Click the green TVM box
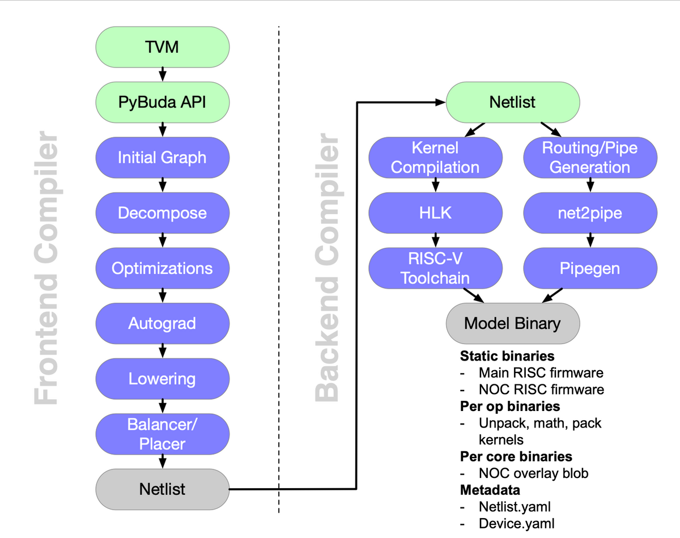pyautogui.click(x=162, y=47)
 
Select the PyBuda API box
pyautogui.click(x=162, y=103)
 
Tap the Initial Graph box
pyautogui.click(x=162, y=158)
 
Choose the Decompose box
pyautogui.click(x=162, y=213)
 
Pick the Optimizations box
pyautogui.click(x=162, y=268)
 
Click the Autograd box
pyautogui.click(x=162, y=324)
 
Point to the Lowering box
pyautogui.click(x=162, y=379)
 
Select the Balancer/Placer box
pyautogui.click(x=162, y=434)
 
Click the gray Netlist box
pyautogui.click(x=162, y=489)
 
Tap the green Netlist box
pyautogui.click(x=512, y=103)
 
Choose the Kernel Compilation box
pyautogui.click(x=435, y=158)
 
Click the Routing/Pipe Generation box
pyautogui.click(x=590, y=158)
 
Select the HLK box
pyautogui.click(x=435, y=213)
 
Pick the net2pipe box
pyautogui.click(x=590, y=213)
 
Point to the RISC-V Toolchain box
pyautogui.click(x=435, y=268)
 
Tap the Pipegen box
pyautogui.click(x=590, y=268)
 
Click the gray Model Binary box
pyautogui.click(x=512, y=324)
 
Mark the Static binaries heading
pyautogui.click(x=507, y=357)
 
